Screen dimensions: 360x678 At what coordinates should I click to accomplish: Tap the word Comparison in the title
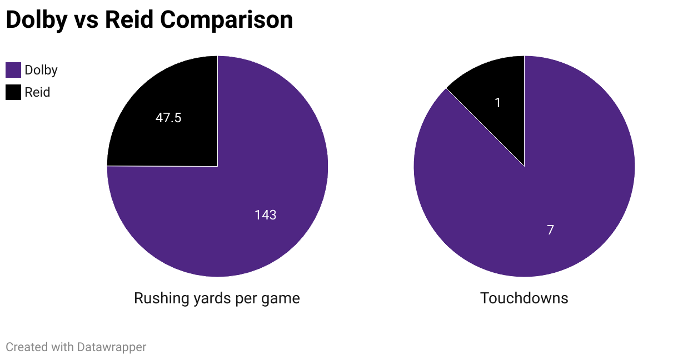[227, 20]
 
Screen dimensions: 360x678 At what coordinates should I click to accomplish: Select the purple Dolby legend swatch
[13, 70]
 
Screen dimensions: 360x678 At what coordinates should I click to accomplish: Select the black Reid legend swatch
[13, 92]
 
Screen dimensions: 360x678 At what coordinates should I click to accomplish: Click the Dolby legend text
[41, 70]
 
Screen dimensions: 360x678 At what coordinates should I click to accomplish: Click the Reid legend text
[37, 92]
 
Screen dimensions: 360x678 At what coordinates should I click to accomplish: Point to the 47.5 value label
[168, 118]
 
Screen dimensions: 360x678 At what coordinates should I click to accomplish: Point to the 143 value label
[265, 215]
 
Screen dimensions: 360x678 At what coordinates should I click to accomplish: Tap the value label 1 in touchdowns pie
[498, 103]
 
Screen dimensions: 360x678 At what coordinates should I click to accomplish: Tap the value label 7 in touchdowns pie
[550, 229]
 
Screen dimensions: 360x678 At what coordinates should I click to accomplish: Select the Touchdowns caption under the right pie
[524, 298]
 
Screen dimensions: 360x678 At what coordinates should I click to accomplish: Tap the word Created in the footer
[27, 347]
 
